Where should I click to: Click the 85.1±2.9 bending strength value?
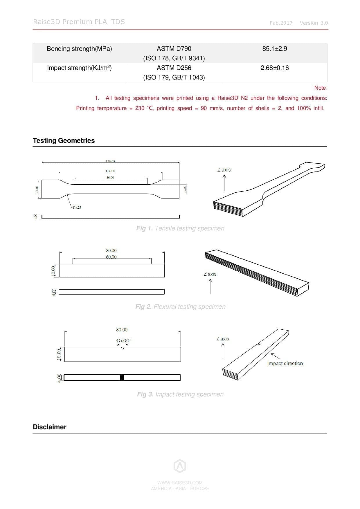(x=274, y=49)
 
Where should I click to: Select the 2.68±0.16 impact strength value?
(x=274, y=68)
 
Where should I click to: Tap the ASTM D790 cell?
(x=174, y=49)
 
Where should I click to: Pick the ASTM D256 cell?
(x=174, y=68)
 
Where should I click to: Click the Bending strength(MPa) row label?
(x=79, y=49)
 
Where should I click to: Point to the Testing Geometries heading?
(x=64, y=140)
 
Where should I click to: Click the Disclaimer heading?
(x=49, y=427)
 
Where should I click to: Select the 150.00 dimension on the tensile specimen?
(x=110, y=161)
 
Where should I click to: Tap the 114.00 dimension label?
(x=110, y=171)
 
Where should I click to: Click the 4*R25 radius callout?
(x=77, y=207)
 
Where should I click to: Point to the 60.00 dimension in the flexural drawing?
(x=111, y=257)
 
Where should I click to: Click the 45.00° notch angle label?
(x=123, y=340)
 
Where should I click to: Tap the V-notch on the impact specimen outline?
(x=123, y=349)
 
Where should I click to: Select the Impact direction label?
(x=285, y=363)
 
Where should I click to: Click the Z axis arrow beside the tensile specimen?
(x=224, y=183)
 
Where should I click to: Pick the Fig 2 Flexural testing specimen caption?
(x=180, y=307)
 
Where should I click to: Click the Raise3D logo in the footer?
(x=180, y=466)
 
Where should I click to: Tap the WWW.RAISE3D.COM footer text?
(x=180, y=483)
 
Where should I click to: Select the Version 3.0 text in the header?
(x=314, y=23)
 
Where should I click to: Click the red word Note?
(x=321, y=88)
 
